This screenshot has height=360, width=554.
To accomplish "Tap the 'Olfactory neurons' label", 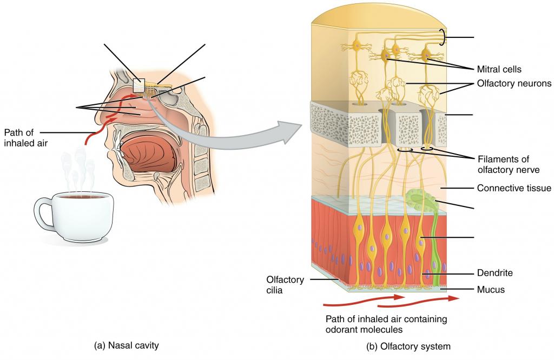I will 513,84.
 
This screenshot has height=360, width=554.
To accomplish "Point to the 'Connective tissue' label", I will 513,188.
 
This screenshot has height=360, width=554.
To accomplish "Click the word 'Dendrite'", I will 494,274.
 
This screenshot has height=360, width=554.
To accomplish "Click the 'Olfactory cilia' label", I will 285,284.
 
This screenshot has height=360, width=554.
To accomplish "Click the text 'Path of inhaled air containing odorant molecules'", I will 386,324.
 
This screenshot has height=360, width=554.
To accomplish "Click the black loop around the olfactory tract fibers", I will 443,37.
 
